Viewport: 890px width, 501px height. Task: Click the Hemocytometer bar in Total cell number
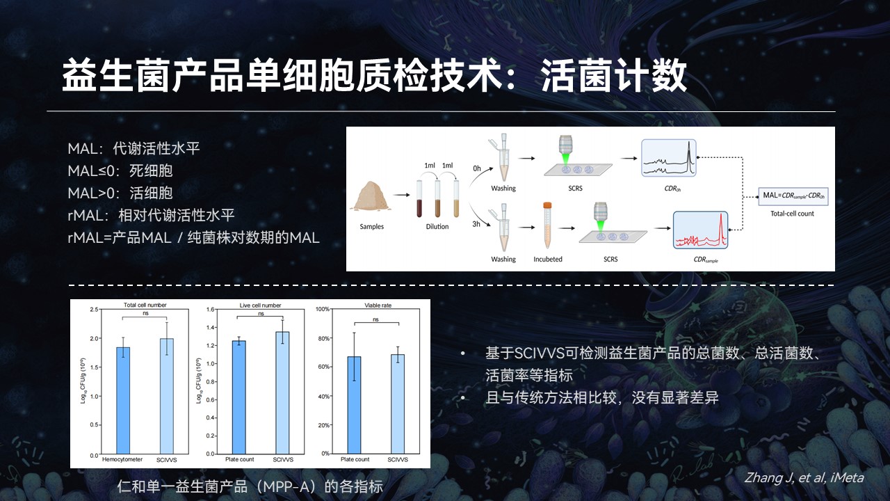(x=123, y=400)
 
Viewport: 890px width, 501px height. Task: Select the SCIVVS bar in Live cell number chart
(x=282, y=393)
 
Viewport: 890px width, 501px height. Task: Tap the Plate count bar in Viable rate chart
(x=355, y=405)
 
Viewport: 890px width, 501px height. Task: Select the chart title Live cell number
(x=260, y=305)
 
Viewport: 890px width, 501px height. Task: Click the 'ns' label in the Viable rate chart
(x=376, y=319)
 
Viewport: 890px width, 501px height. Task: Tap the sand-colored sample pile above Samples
(x=371, y=196)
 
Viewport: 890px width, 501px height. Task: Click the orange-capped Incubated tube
(x=547, y=225)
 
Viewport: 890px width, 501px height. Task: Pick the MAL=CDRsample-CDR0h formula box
(x=793, y=196)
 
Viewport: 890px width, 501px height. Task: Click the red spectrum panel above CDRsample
(x=700, y=230)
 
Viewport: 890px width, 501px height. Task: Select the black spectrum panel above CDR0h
(x=669, y=158)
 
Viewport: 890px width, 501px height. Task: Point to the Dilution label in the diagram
(x=437, y=227)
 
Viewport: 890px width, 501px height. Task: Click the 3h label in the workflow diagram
(x=476, y=224)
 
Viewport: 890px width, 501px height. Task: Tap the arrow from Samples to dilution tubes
(x=401, y=195)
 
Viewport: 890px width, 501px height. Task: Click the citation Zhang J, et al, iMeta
(x=804, y=477)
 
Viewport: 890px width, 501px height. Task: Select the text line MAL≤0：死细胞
(x=120, y=171)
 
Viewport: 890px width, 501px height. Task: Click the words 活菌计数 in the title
(x=613, y=76)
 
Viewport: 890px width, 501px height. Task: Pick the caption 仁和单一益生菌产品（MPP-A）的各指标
(x=250, y=486)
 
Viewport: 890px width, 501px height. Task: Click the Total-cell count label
(x=792, y=214)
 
